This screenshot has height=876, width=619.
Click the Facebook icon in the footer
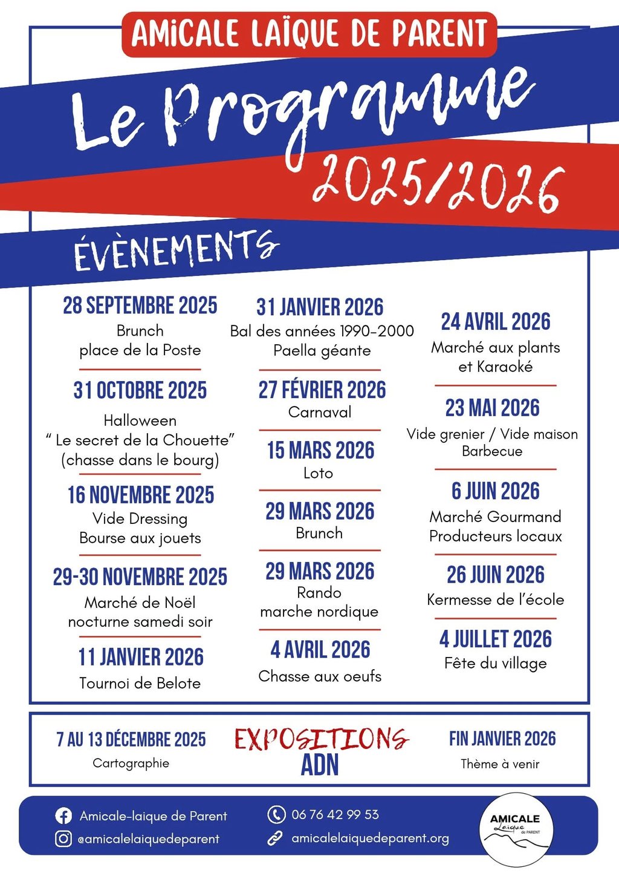(63, 816)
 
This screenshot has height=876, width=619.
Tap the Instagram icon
(63, 839)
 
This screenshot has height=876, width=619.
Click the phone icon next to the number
(276, 815)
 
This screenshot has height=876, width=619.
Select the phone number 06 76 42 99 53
(335, 815)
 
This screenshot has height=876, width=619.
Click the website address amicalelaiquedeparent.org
(370, 838)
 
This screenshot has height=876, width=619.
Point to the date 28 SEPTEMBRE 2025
(140, 306)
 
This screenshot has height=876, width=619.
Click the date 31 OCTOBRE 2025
(140, 391)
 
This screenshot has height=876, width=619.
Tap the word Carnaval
(320, 413)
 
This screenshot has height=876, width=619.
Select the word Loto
(318, 473)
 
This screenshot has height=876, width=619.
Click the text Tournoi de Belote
(140, 684)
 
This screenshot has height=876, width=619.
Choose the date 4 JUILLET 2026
(496, 639)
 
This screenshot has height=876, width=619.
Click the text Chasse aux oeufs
(320, 676)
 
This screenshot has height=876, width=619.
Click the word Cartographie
(131, 763)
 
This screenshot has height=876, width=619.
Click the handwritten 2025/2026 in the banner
(439, 182)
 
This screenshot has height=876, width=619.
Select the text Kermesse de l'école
(496, 600)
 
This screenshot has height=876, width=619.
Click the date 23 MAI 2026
(492, 408)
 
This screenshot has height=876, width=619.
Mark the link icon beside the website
(276, 838)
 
